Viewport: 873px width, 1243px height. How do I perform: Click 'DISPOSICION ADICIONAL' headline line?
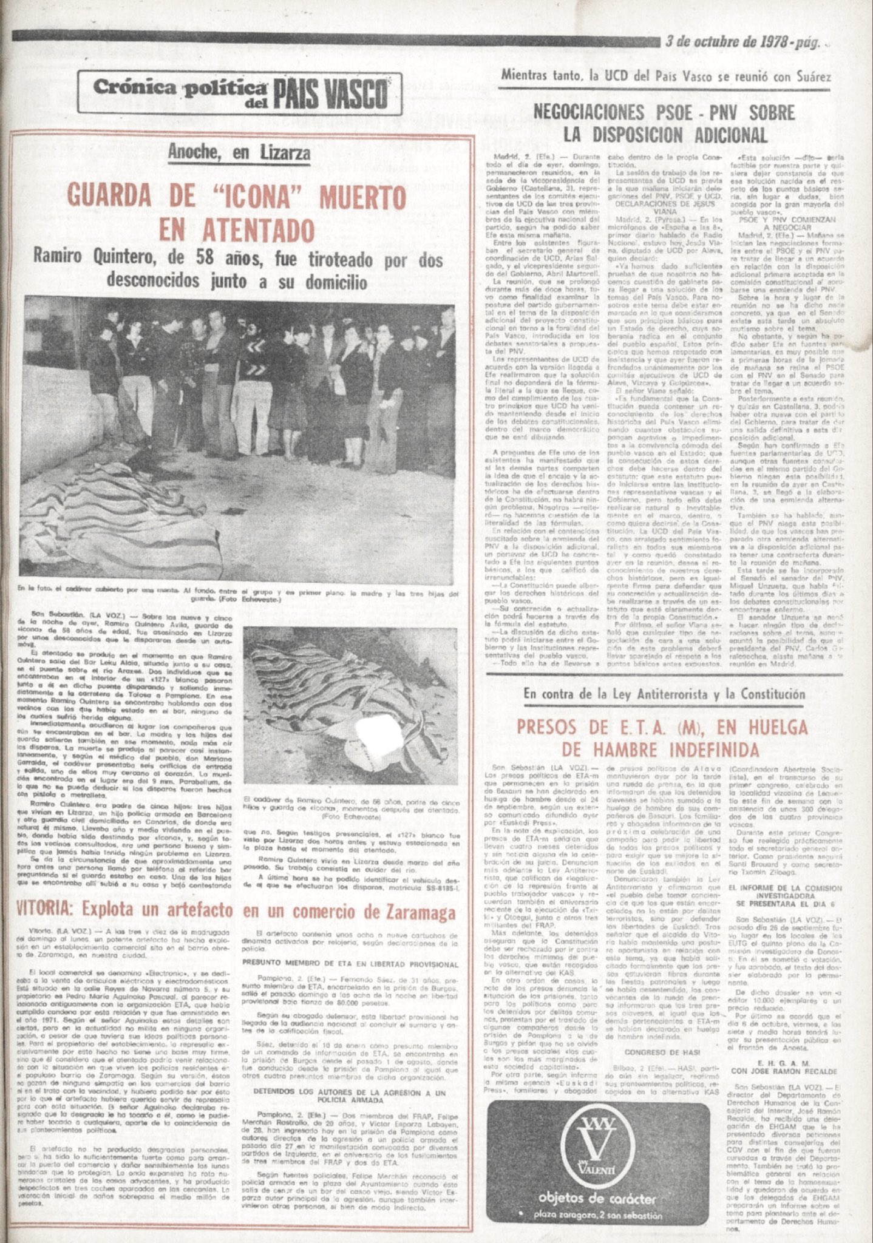coord(665,135)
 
